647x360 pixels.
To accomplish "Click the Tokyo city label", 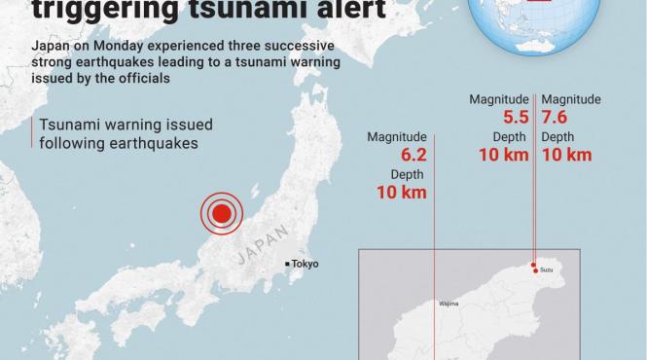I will (x=305, y=264).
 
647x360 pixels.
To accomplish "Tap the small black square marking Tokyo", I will (x=286, y=264).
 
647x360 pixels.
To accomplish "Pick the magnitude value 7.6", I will (x=557, y=117).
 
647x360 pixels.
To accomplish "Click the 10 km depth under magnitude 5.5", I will (x=503, y=155).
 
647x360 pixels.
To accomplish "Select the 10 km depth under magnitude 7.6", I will (x=566, y=155).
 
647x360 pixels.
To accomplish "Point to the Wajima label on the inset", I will (x=449, y=304).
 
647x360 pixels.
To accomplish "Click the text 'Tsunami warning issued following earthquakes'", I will (x=123, y=133).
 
